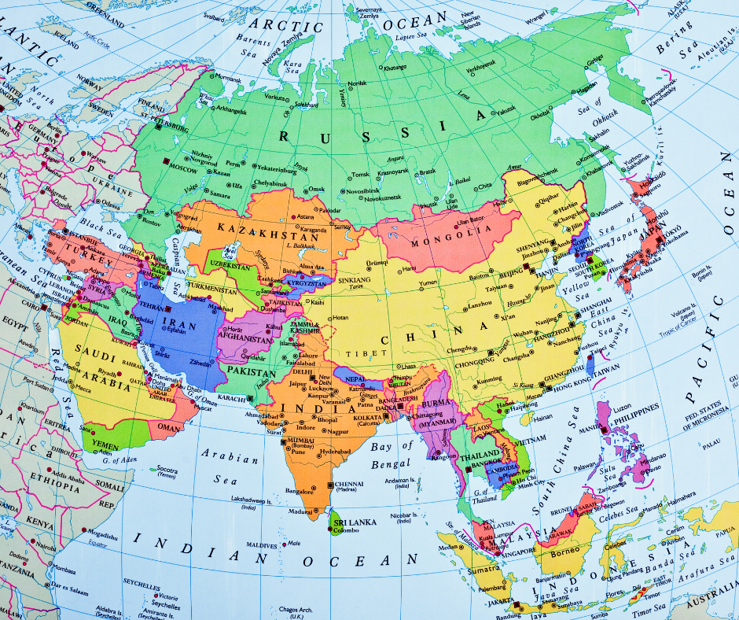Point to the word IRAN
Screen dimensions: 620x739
[175, 323]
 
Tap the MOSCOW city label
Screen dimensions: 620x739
[183, 168]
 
